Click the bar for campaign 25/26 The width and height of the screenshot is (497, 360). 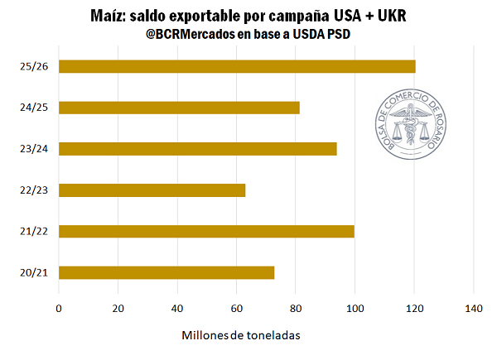pyautogui.click(x=237, y=66)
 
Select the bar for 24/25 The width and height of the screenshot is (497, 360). pyautogui.click(x=179, y=108)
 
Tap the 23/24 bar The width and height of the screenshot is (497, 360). pyautogui.click(x=198, y=149)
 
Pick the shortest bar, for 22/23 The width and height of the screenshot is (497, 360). pyautogui.click(x=152, y=190)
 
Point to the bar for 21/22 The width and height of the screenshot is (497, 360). pyautogui.click(x=206, y=231)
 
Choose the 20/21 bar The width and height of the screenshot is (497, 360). pyautogui.click(x=166, y=272)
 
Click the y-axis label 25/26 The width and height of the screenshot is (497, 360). pyautogui.click(x=33, y=66)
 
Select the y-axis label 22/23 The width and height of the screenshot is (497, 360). pyautogui.click(x=33, y=190)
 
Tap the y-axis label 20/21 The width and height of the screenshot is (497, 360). pyautogui.click(x=33, y=272)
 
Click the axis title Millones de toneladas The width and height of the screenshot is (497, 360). pyautogui.click(x=239, y=335)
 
